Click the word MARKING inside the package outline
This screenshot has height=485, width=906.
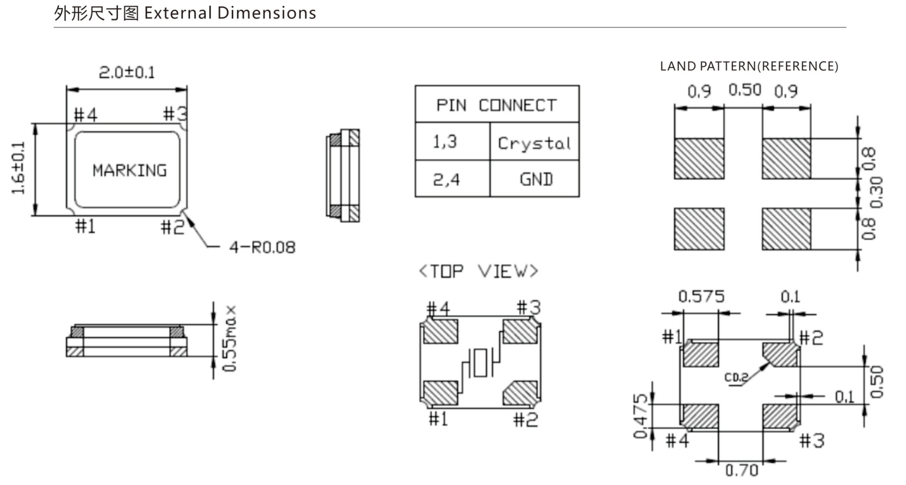[x=129, y=171]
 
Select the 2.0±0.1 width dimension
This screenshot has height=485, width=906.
[x=127, y=72]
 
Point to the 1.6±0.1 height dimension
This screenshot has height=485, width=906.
[x=18, y=168]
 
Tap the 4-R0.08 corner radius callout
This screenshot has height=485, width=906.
[x=262, y=248]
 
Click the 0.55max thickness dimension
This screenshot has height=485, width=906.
[x=231, y=338]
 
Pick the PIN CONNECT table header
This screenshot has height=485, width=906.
[x=497, y=105]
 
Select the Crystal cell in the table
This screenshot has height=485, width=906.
[x=534, y=143]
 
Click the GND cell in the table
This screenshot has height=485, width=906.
[x=536, y=179]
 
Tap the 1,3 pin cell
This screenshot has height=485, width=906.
[x=445, y=142]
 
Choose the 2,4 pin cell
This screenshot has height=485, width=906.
[x=446, y=179]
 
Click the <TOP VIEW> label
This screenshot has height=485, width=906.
[x=478, y=271]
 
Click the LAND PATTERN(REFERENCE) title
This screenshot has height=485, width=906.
[x=749, y=66]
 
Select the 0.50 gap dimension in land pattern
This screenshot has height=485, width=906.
[x=744, y=90]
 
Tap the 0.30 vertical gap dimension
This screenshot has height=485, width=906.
[x=876, y=192]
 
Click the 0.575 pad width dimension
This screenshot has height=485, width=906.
[x=701, y=297]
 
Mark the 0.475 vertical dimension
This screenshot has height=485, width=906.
[x=641, y=416]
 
